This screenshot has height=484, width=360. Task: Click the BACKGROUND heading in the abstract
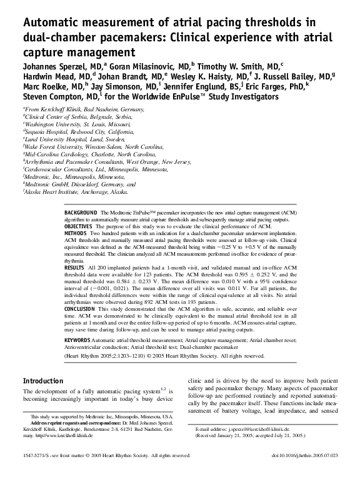coord(81,213)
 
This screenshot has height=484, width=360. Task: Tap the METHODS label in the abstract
coord(77,231)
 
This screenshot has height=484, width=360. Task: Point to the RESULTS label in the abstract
coord(75,266)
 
